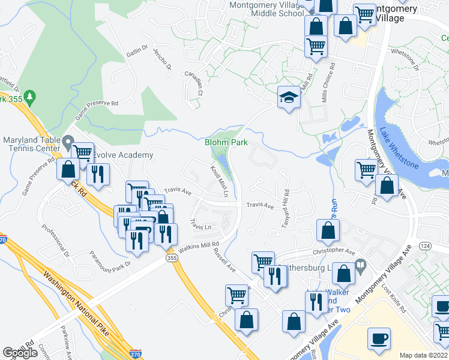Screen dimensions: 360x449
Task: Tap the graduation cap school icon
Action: [289, 97]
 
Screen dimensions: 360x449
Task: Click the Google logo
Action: [20, 353]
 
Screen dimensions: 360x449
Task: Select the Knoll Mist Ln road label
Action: [218, 179]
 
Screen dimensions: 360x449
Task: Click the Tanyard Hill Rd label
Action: [286, 208]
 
